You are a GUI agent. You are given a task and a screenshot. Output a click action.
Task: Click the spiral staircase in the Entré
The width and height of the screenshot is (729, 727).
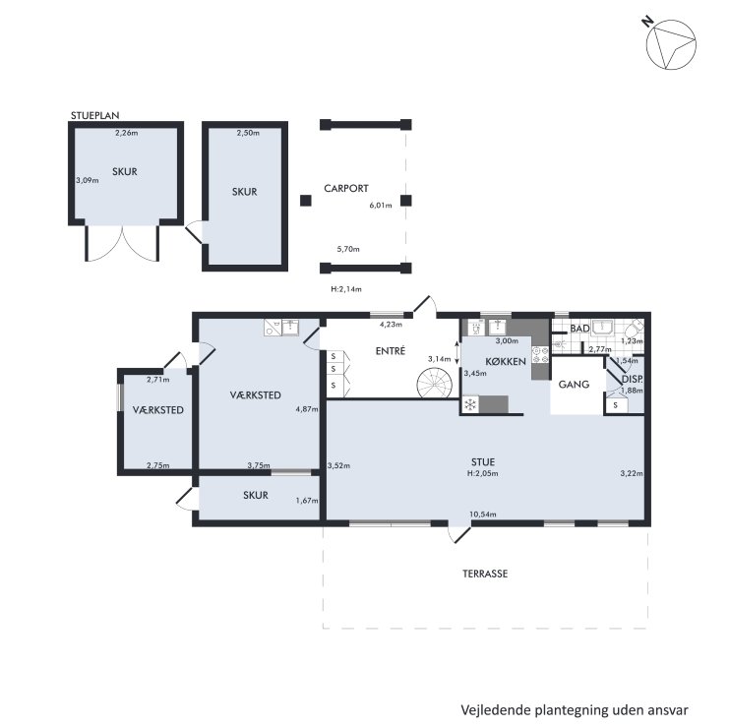434,383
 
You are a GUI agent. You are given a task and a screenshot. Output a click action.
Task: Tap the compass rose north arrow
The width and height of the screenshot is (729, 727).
671,45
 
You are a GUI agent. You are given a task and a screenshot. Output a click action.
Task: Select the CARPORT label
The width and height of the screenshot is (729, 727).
346,188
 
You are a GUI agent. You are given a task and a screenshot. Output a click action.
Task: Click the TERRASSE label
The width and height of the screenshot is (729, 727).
485,574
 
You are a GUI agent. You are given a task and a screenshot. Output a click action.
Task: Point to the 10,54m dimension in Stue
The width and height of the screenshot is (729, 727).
483,515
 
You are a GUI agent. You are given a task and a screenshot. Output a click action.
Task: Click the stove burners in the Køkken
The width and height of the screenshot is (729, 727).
540,355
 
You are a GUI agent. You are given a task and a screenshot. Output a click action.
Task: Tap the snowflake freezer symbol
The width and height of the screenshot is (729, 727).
470,404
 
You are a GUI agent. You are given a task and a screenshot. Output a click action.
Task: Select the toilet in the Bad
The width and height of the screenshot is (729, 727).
634,330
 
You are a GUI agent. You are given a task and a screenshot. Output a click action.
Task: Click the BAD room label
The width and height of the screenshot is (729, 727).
579,329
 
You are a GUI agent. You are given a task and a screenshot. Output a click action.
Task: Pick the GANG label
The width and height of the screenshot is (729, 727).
574,385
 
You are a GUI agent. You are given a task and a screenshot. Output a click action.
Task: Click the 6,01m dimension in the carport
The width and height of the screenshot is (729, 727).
381,205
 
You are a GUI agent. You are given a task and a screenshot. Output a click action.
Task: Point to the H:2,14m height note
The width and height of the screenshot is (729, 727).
346,288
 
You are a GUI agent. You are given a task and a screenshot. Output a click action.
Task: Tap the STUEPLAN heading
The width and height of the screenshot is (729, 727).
94,115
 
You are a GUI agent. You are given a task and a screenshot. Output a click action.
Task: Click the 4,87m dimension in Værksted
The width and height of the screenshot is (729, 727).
307,409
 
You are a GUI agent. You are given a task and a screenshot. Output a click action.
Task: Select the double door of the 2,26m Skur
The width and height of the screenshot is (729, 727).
122,243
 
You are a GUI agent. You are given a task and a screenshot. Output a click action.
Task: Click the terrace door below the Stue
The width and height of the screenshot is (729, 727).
460,534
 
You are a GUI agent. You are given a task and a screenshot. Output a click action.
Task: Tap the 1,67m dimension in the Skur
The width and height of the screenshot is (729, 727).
307,501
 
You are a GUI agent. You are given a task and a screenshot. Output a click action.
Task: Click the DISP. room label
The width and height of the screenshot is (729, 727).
633,380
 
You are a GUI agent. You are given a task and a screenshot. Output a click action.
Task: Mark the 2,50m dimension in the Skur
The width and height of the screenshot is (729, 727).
248,133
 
